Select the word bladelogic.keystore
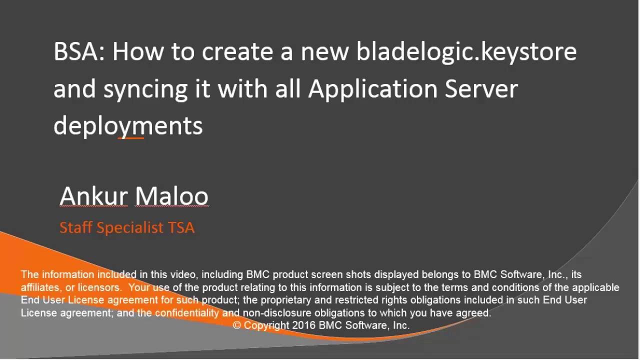click(466, 52)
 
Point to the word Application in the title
click(372, 89)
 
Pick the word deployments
click(128, 125)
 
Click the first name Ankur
click(93, 196)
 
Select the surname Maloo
click(171, 196)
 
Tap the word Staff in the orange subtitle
click(75, 227)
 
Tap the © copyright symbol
click(237, 325)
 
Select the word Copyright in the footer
click(266, 325)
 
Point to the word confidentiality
click(186, 313)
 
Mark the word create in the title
click(238, 52)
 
